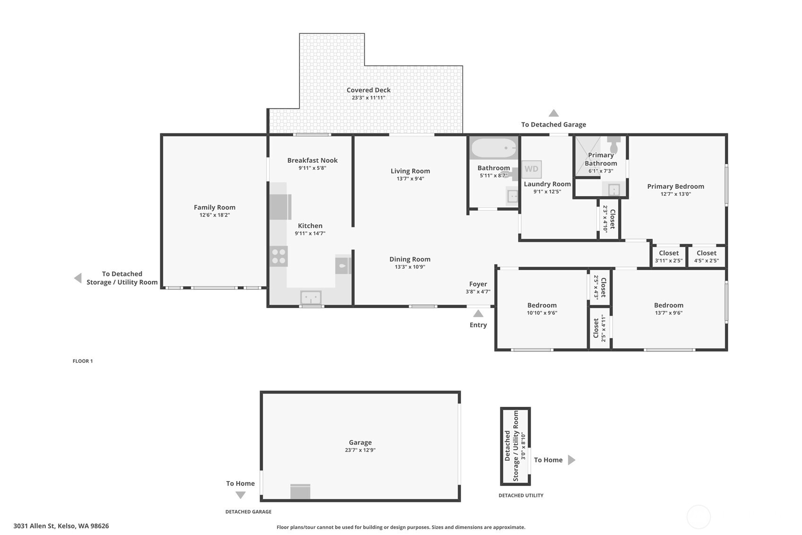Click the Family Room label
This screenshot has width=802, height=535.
tap(214, 207)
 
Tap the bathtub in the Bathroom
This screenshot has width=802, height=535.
tap(493, 148)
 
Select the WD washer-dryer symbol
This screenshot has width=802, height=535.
tap(531, 169)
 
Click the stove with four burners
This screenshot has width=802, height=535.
tap(278, 256)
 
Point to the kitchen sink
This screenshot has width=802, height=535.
tap(310, 298)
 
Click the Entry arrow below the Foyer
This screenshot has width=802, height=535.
tap(478, 314)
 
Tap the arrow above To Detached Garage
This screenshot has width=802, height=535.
tap(553, 113)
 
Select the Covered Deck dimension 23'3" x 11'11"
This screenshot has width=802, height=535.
tap(368, 98)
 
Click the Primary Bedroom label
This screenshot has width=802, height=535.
tap(675, 186)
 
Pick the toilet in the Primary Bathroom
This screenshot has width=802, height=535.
tap(613, 145)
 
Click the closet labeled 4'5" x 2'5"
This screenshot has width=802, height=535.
tap(706, 256)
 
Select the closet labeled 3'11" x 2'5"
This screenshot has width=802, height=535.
tap(668, 256)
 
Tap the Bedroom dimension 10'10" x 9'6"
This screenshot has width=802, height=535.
tap(542, 313)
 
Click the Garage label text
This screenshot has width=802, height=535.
tap(360, 442)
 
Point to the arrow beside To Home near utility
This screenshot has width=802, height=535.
tap(571, 460)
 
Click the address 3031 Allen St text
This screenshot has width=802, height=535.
tap(61, 526)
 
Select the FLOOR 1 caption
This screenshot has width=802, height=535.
tap(83, 361)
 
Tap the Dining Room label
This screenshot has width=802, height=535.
tap(410, 259)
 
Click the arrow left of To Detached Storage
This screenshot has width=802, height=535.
tap(78, 278)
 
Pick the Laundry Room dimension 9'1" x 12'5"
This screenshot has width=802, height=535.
tap(547, 192)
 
